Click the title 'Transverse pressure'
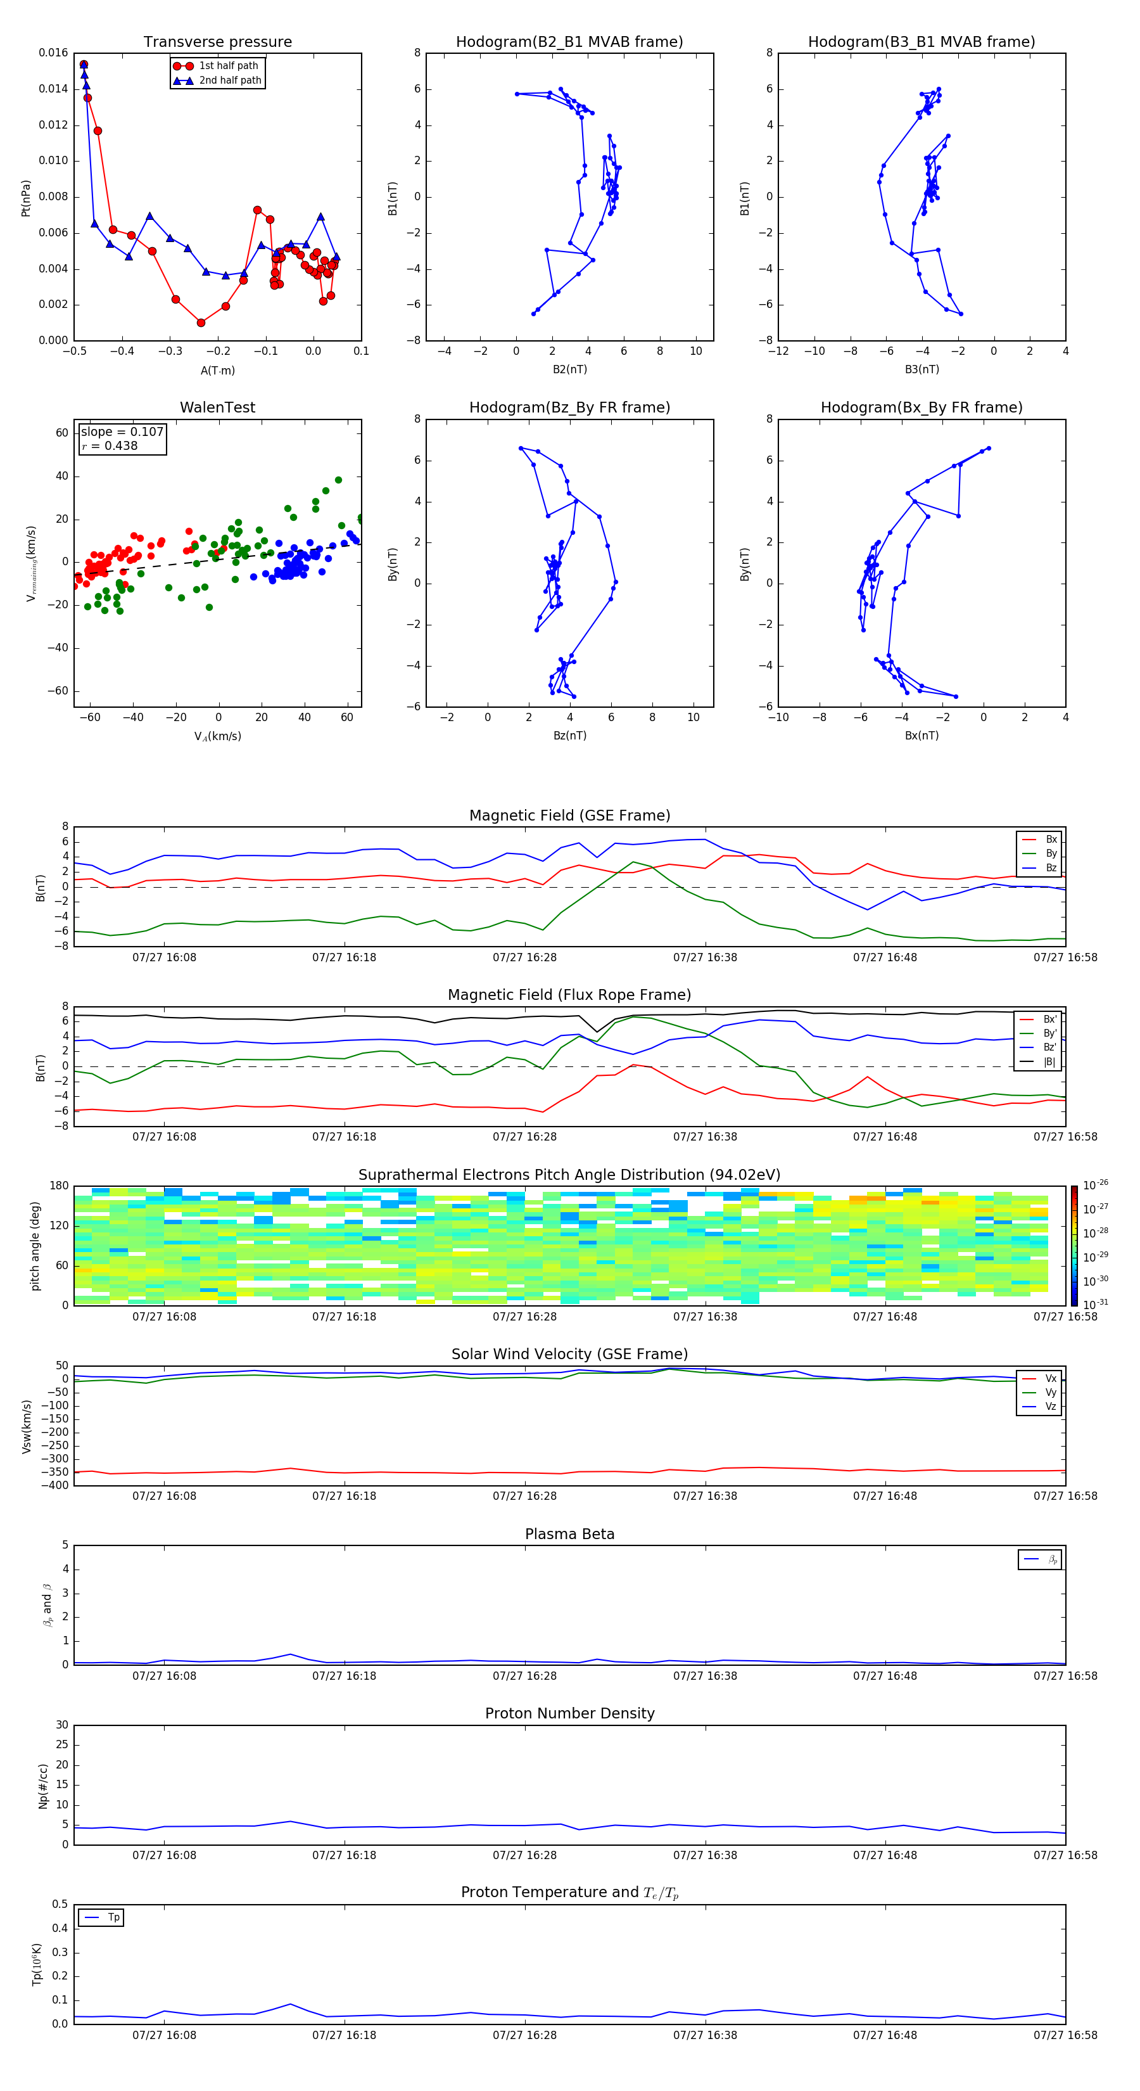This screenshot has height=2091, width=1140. [x=217, y=42]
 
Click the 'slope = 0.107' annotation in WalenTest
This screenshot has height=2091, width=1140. [x=122, y=432]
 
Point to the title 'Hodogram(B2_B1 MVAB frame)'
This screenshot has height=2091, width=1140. [x=569, y=42]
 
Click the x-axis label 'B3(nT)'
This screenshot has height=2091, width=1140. [x=921, y=369]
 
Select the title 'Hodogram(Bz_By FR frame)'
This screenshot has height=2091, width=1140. [x=569, y=407]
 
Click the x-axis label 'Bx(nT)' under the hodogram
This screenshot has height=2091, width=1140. [x=921, y=736]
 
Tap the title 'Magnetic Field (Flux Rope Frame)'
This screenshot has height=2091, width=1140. [x=569, y=995]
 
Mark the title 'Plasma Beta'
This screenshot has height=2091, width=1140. [x=569, y=1534]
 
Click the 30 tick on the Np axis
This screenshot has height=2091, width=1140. [x=61, y=1725]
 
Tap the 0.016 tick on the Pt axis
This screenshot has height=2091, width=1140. [x=54, y=53]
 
